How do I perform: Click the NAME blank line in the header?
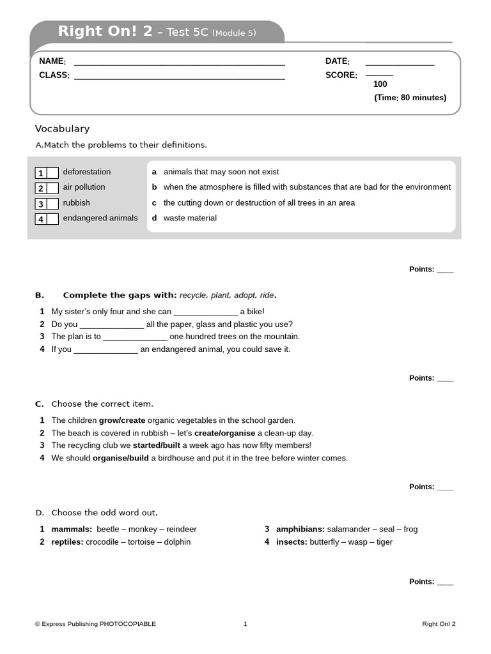pos(179,65)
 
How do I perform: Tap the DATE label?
pos(337,61)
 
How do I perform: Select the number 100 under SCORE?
pos(380,84)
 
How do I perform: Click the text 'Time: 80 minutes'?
pos(410,98)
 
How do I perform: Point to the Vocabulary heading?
pos(62,129)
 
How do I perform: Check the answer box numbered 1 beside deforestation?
pos(52,172)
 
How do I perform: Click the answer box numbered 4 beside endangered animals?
pos(52,219)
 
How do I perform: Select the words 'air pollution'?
pos(84,187)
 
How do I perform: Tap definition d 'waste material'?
pos(190,218)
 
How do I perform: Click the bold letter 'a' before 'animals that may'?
pos(154,172)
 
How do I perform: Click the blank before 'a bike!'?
pos(205,312)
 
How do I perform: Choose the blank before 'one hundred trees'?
pos(135,337)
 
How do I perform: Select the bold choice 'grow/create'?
pos(122,420)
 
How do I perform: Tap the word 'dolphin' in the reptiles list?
pos(177,542)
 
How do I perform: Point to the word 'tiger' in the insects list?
pos(384,542)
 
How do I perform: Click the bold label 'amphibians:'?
pos(300,529)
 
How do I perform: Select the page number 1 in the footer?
pos(245,624)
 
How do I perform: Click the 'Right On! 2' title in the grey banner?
pos(105,31)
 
